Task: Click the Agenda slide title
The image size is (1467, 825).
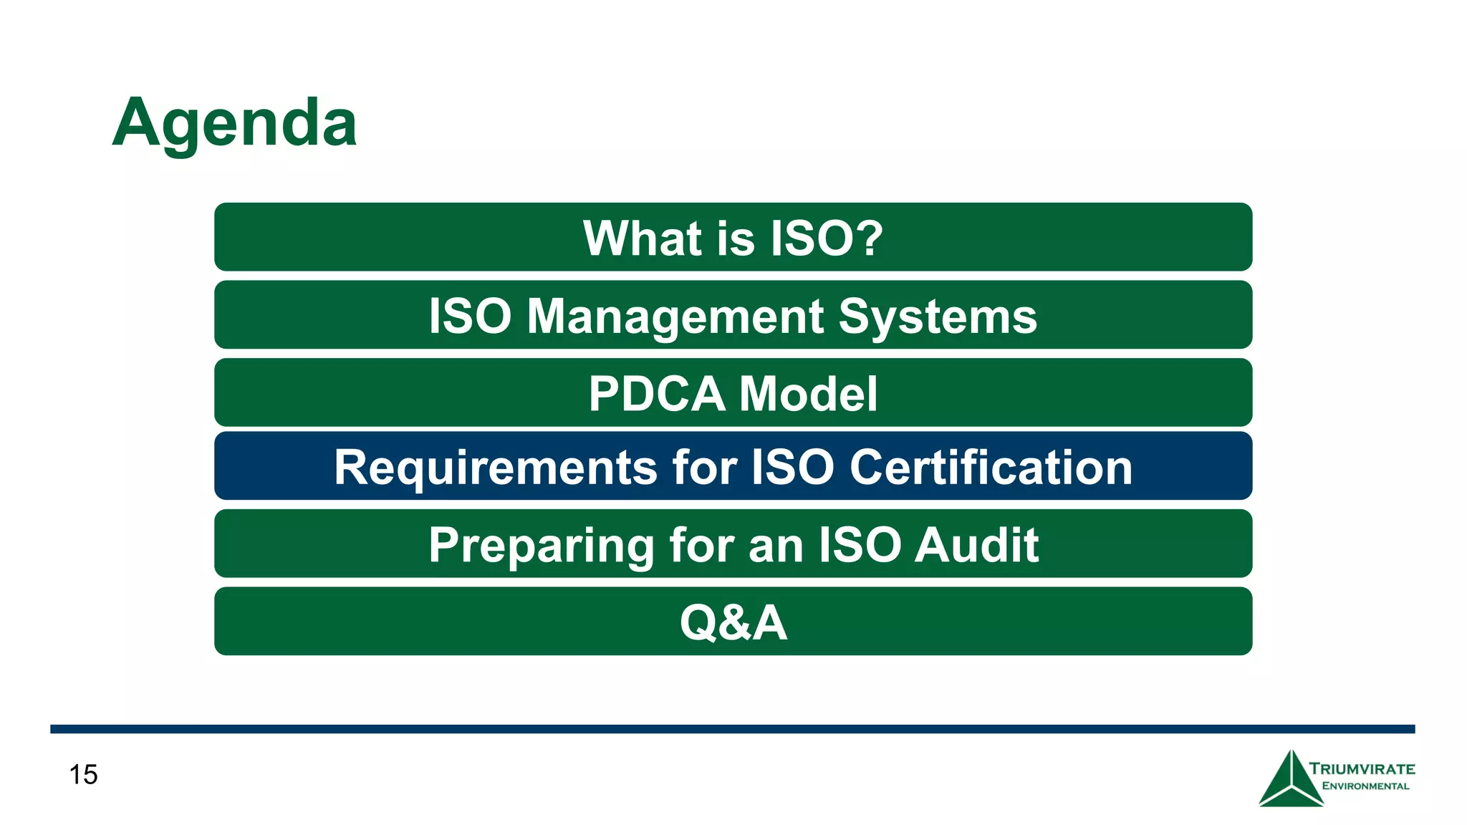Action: pyautogui.click(x=234, y=123)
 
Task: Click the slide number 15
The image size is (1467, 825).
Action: pyautogui.click(x=83, y=775)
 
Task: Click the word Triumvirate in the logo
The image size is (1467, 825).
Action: pyautogui.click(x=1362, y=769)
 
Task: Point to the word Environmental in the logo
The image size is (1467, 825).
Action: pyautogui.click(x=1365, y=786)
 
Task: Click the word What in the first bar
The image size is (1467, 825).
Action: pyautogui.click(x=642, y=238)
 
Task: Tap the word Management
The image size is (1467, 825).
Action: pyautogui.click(x=675, y=316)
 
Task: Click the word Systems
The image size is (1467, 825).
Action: pyautogui.click(x=937, y=316)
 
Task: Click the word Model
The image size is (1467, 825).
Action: pyautogui.click(x=807, y=394)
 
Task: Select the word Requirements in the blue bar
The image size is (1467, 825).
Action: pyautogui.click(x=495, y=467)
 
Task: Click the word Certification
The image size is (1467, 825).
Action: pyautogui.click(x=991, y=467)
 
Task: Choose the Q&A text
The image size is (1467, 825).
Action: pyautogui.click(x=733, y=622)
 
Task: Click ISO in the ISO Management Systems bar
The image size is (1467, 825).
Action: pyautogui.click(x=470, y=316)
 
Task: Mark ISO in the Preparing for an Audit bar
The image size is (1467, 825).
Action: pyautogui.click(x=859, y=546)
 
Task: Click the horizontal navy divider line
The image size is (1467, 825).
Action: pyautogui.click(x=732, y=729)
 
